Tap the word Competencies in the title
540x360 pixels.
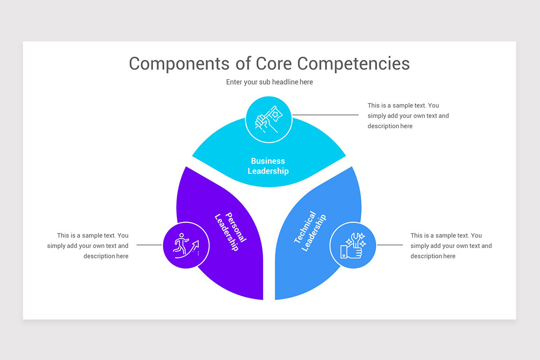point(354,63)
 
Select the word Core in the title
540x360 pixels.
point(274,63)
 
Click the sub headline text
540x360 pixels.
point(269,82)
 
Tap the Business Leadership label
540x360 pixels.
point(268,166)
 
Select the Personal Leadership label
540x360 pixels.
point(230,231)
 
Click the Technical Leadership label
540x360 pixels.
point(310,231)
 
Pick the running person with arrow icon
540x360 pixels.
point(186,245)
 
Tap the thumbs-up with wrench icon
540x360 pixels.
point(353,245)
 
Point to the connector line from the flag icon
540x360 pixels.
point(325,115)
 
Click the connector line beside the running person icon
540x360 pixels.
point(149,245)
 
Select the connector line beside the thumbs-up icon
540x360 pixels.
point(390,245)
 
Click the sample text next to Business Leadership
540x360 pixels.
point(408,116)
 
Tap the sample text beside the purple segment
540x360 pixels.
point(88,246)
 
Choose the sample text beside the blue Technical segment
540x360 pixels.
point(450,246)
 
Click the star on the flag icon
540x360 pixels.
point(274,111)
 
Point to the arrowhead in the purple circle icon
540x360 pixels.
point(196,243)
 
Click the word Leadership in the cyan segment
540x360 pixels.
point(268,171)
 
